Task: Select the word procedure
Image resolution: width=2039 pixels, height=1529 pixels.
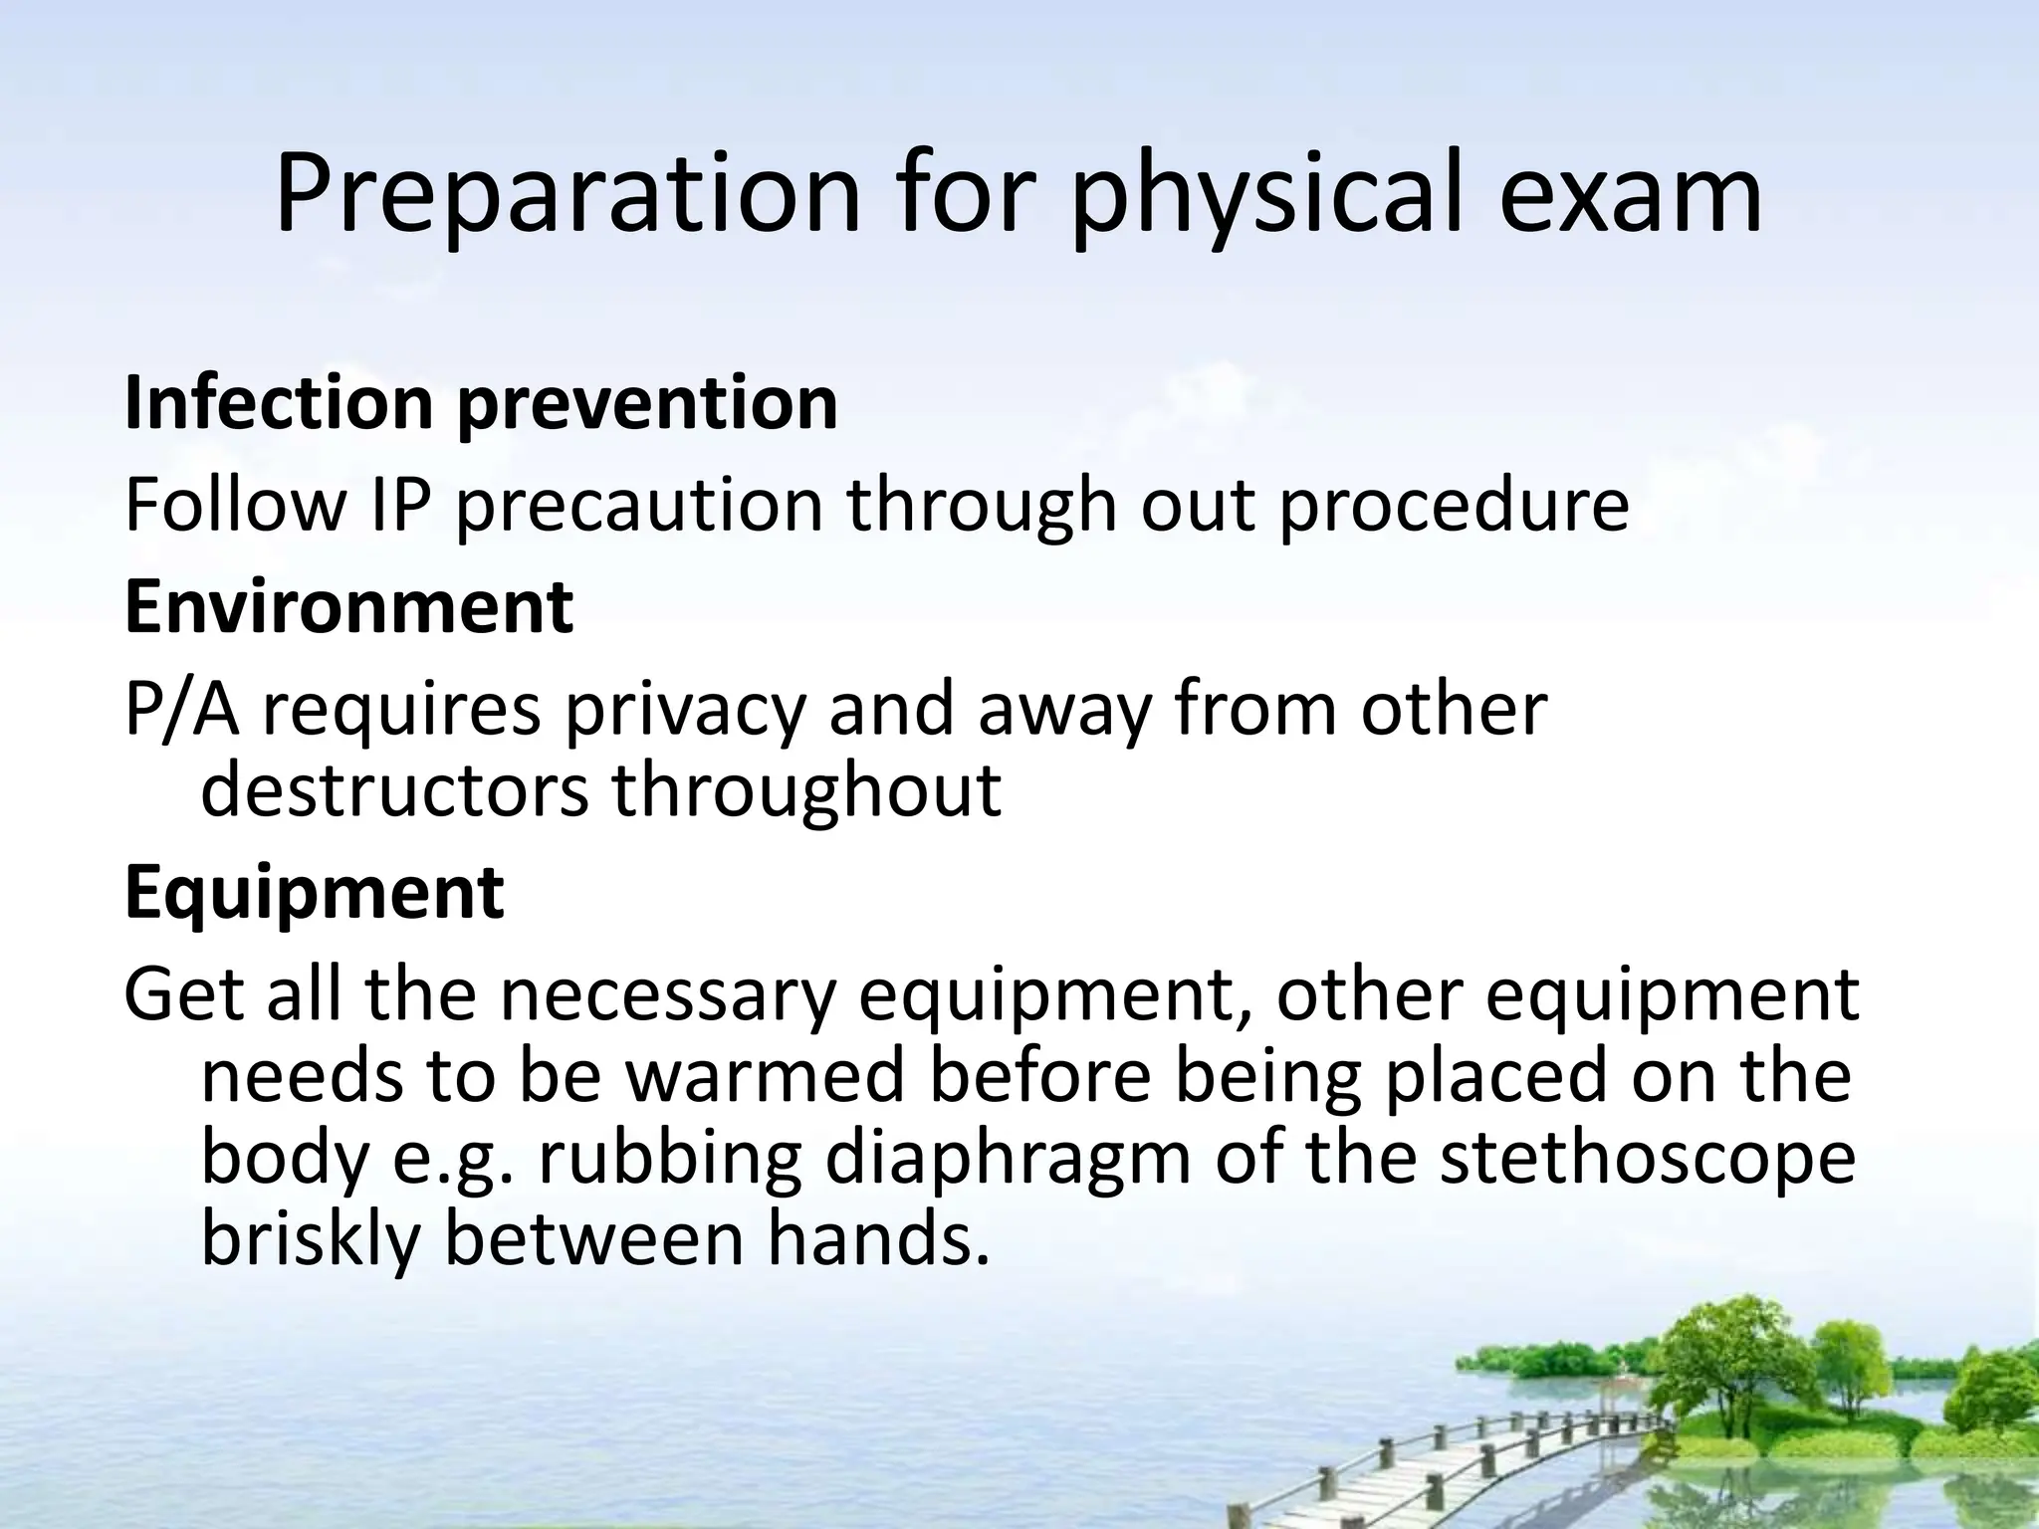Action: [1454, 506]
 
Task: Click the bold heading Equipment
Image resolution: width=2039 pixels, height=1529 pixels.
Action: [315, 892]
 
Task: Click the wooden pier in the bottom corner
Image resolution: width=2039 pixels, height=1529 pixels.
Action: [1493, 1463]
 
